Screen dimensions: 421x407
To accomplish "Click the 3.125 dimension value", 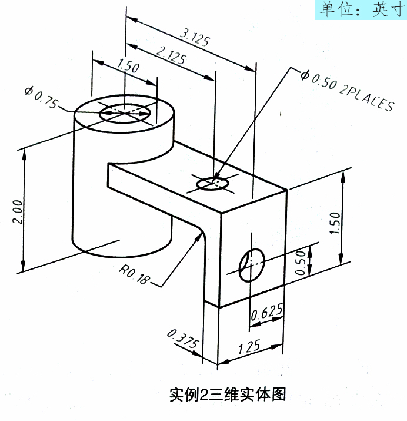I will pyautogui.click(x=194, y=36).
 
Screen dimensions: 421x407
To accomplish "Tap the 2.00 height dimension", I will pyautogui.click(x=18, y=211).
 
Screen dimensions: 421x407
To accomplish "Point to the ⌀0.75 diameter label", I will pyautogui.click(x=41, y=97).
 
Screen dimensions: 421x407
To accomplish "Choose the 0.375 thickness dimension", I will pyautogui.click(x=183, y=342).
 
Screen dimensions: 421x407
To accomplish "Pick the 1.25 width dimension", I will pyautogui.click(x=251, y=347).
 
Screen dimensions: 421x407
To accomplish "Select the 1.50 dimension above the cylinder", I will pyautogui.click(x=128, y=67).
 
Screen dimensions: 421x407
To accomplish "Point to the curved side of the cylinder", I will pyautogui.click(x=94, y=194).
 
